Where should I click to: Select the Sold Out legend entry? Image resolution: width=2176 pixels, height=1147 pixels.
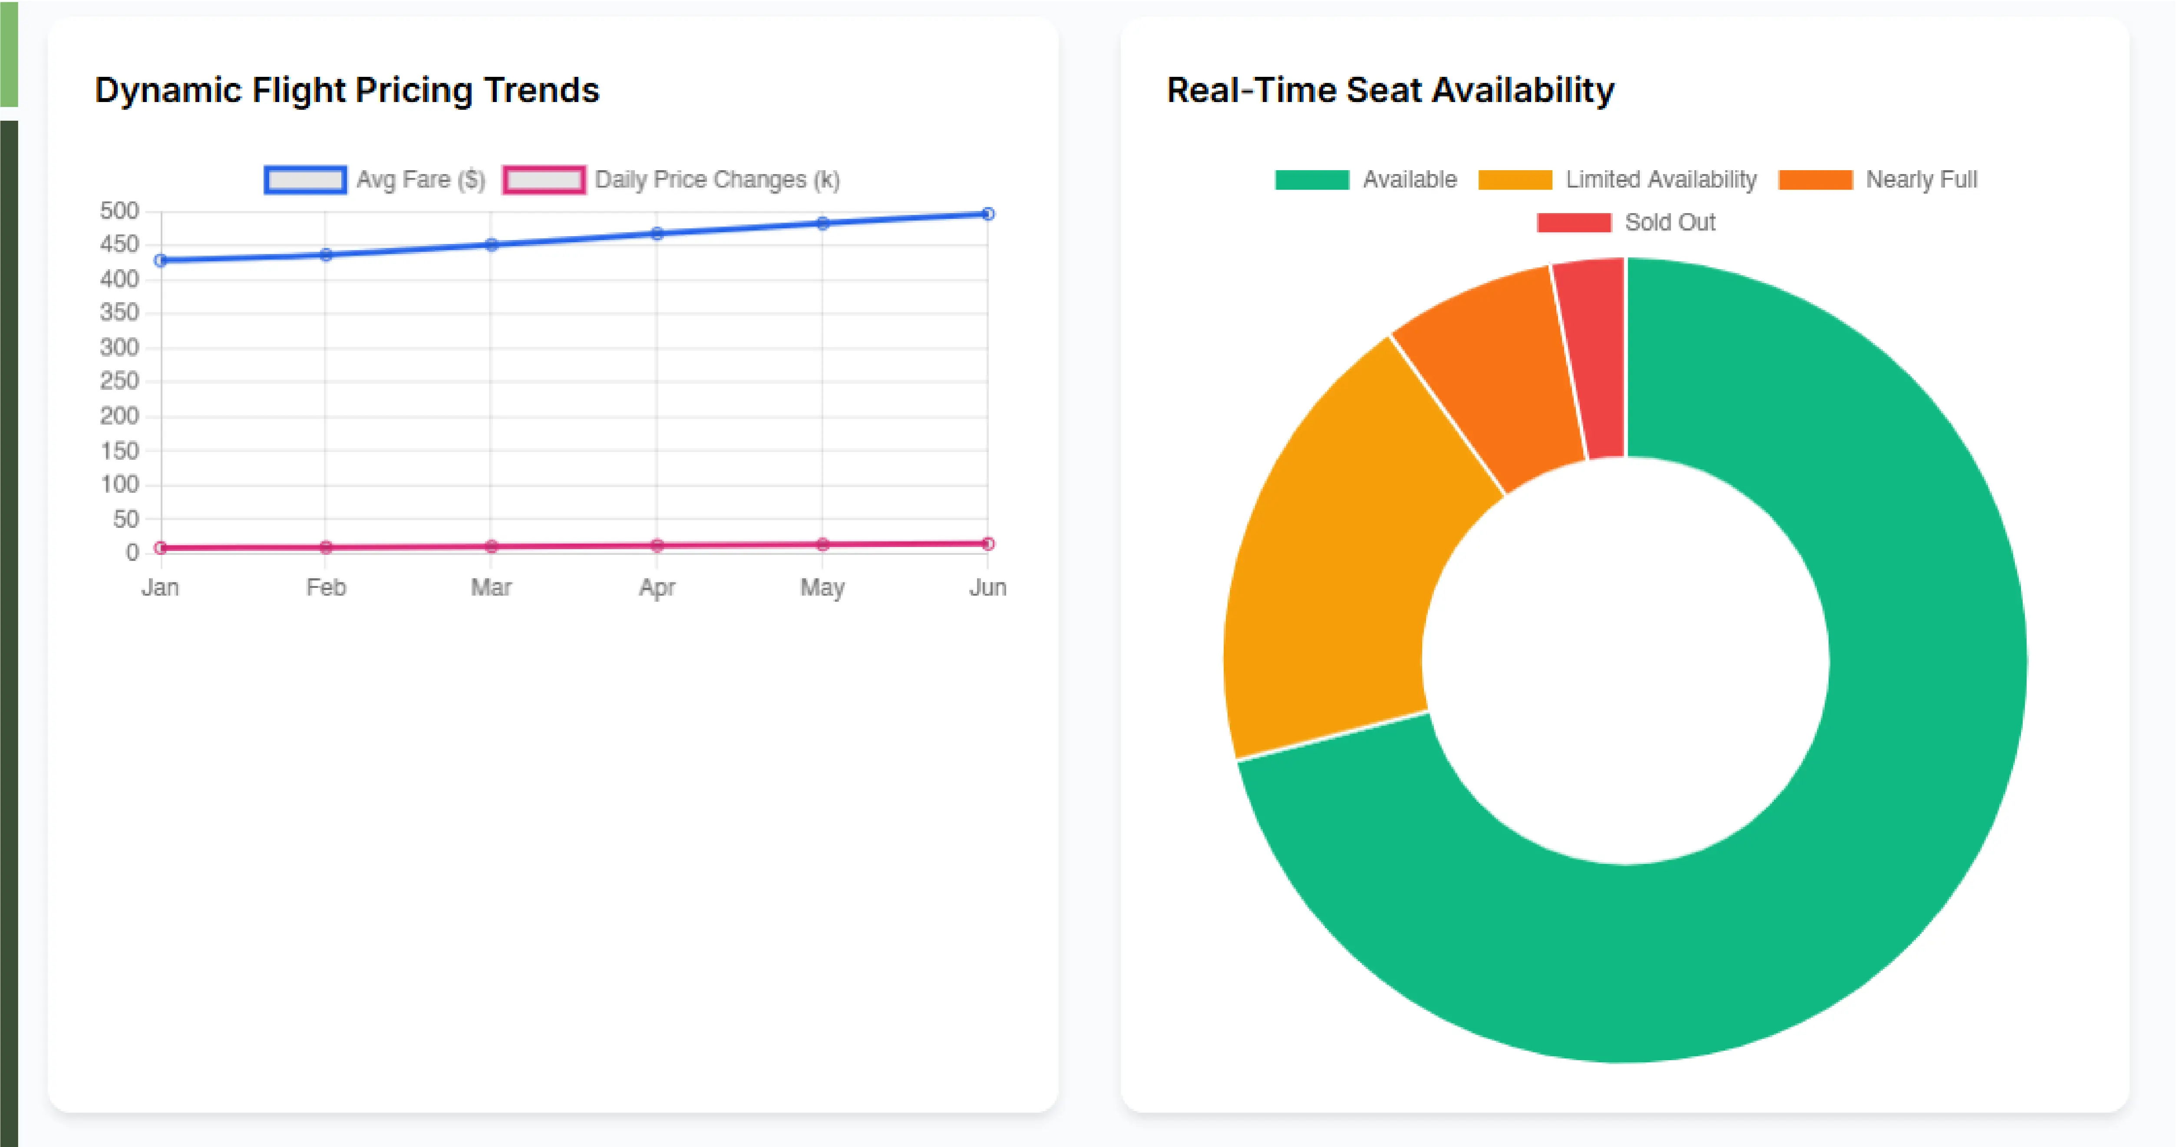point(1626,222)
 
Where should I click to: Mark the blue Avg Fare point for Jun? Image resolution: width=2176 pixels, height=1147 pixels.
point(987,214)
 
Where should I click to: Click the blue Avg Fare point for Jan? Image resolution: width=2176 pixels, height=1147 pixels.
point(161,260)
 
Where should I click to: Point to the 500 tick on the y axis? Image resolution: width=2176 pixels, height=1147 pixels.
point(119,211)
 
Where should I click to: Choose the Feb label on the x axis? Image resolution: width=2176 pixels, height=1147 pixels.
point(326,587)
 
